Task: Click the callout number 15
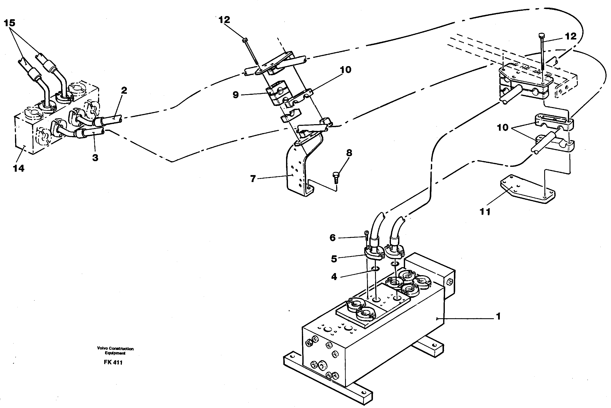(x=10, y=23)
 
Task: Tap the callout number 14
(x=18, y=168)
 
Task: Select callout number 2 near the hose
(x=124, y=90)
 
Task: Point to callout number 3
(x=95, y=157)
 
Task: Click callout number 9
(x=236, y=95)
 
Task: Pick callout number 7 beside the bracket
(x=253, y=179)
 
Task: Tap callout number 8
(x=349, y=153)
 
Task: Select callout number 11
(x=485, y=212)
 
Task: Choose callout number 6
(x=333, y=238)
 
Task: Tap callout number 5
(x=334, y=259)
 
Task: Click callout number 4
(x=334, y=277)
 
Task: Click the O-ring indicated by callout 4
(x=375, y=269)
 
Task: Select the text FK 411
(x=113, y=362)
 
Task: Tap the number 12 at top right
(x=570, y=36)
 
